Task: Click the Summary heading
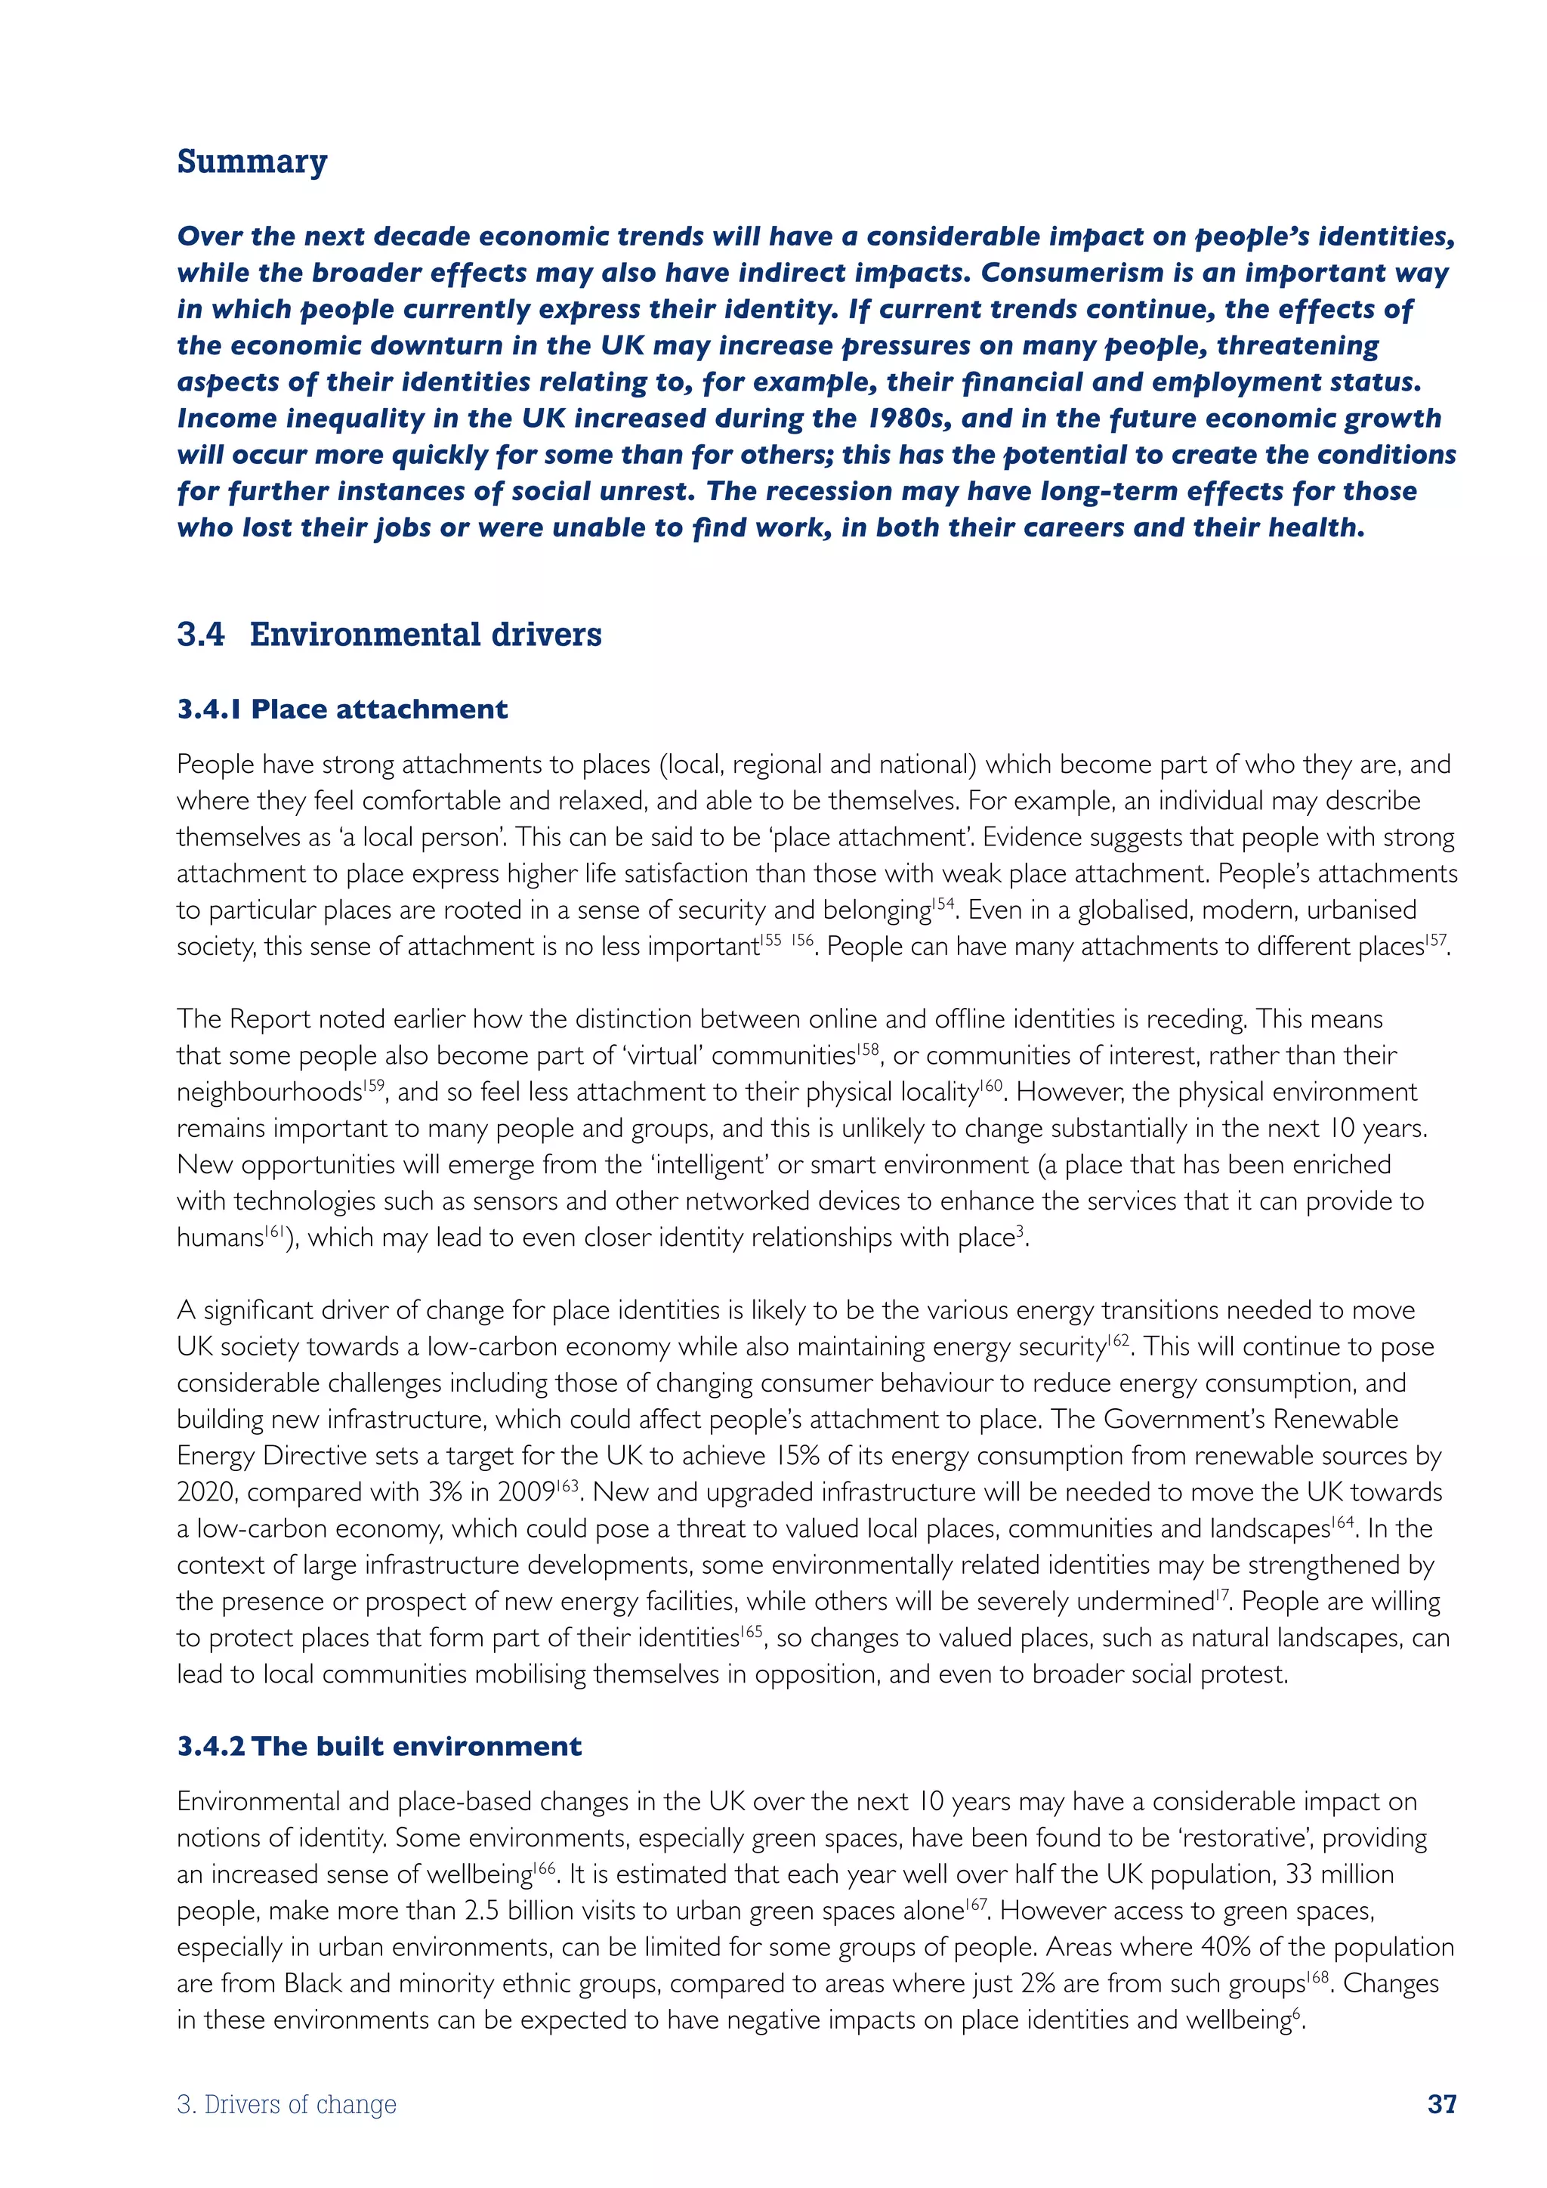pyautogui.click(x=252, y=161)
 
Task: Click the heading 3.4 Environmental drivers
pyautogui.click(x=389, y=634)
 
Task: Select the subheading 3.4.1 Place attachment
pyautogui.click(x=342, y=709)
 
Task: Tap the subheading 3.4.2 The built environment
pyautogui.click(x=379, y=1746)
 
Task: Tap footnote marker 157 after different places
pyautogui.click(x=1435, y=938)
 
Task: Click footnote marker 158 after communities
pyautogui.click(x=867, y=1048)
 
